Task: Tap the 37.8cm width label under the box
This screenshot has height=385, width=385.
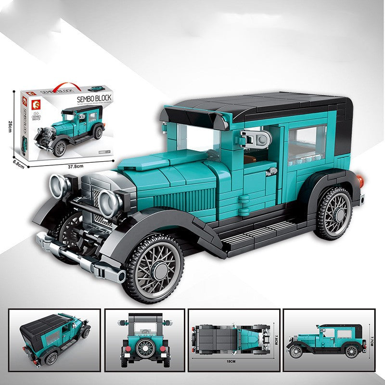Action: [75, 166]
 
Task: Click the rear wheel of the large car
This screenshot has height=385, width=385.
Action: [334, 213]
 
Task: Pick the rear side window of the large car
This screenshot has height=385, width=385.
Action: [307, 141]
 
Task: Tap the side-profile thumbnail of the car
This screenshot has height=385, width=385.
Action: [330, 340]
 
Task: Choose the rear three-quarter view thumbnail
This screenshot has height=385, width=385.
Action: [55, 340]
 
